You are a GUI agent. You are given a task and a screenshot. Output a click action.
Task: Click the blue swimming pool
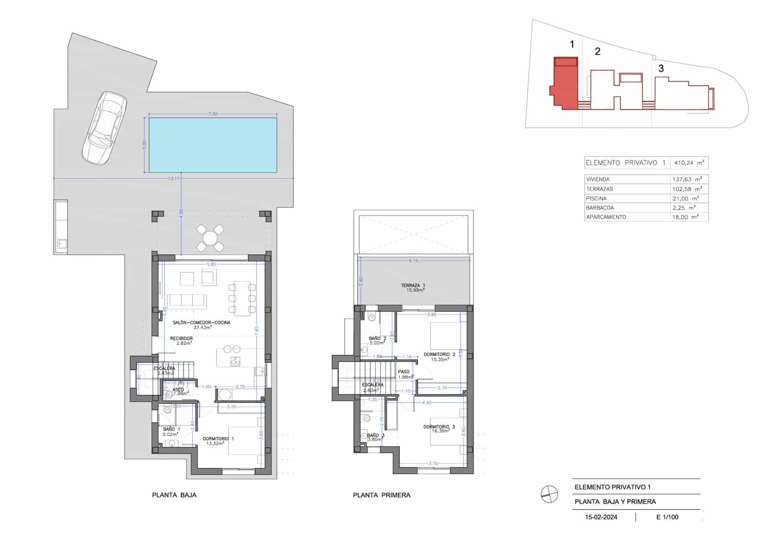pos(213,145)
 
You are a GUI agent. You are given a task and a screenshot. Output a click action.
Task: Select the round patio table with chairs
pos(210,238)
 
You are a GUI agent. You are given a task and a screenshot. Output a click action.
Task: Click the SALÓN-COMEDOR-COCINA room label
pos(201,323)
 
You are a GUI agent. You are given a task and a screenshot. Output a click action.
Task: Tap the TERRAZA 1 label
pos(413,286)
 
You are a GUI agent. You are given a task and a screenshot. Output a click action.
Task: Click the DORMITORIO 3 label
pos(439,427)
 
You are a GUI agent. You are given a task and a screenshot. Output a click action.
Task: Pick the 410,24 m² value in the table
pos(689,163)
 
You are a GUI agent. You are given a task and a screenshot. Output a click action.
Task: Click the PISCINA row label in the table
pos(596,198)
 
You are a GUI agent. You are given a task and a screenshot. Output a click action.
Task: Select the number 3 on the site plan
pos(661,69)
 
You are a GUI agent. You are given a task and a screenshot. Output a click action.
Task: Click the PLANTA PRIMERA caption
pos(382,495)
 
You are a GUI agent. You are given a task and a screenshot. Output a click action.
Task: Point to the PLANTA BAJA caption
pos(174,495)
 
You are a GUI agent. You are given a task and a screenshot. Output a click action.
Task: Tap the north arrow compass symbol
pos(549,494)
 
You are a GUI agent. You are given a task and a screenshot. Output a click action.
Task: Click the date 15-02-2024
pos(601,517)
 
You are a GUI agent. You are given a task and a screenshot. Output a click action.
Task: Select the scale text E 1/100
pos(667,517)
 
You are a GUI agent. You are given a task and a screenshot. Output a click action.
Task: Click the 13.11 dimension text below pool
pos(174,178)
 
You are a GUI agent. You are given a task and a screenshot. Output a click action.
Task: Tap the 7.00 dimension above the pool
pos(213,114)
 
